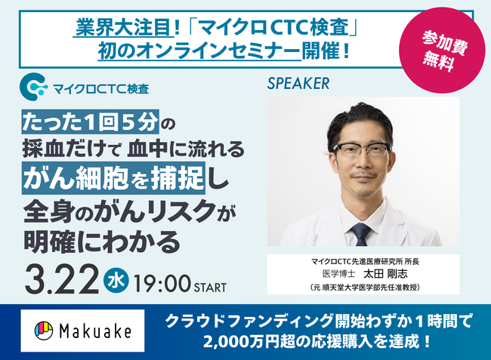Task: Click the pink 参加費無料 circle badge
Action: pos(442,51)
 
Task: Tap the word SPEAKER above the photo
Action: pos(298,84)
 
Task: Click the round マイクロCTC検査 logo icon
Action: pos(33,87)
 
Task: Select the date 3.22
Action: pos(61,279)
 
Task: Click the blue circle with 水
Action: pos(116,280)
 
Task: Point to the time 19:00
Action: pos(162,284)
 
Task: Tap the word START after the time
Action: pos(210,288)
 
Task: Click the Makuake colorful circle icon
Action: pos(44,331)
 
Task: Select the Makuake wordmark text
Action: pos(95,331)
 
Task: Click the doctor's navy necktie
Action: pos(361,234)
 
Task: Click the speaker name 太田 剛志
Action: pos(385,274)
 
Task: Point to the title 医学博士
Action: pos(338,274)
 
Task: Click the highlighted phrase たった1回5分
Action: pos(91,122)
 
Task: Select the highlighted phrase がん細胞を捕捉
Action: pos(113,177)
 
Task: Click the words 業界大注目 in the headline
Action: pos(124,27)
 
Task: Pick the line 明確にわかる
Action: pos(102,242)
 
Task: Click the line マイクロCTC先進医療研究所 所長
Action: pos(365,261)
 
